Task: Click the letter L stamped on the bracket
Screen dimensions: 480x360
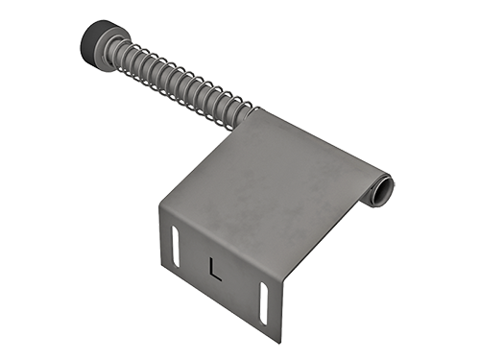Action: pyautogui.click(x=215, y=269)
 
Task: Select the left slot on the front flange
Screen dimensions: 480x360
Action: pyautogui.click(x=176, y=246)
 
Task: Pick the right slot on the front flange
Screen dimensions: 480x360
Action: pyautogui.click(x=264, y=303)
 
